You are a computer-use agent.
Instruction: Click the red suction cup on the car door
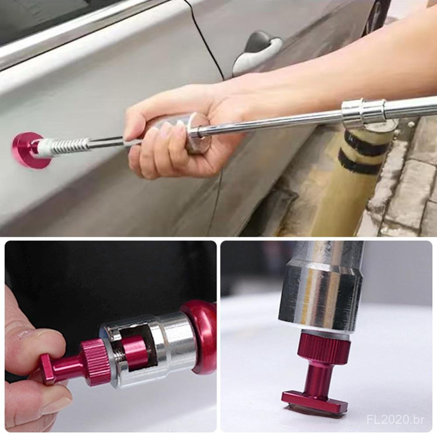[x=29, y=150]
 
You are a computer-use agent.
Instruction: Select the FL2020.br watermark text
[x=395, y=420]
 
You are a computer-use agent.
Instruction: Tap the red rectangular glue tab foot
[x=315, y=401]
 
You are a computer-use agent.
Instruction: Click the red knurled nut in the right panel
[x=324, y=347]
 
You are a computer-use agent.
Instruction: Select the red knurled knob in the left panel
[x=95, y=362]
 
